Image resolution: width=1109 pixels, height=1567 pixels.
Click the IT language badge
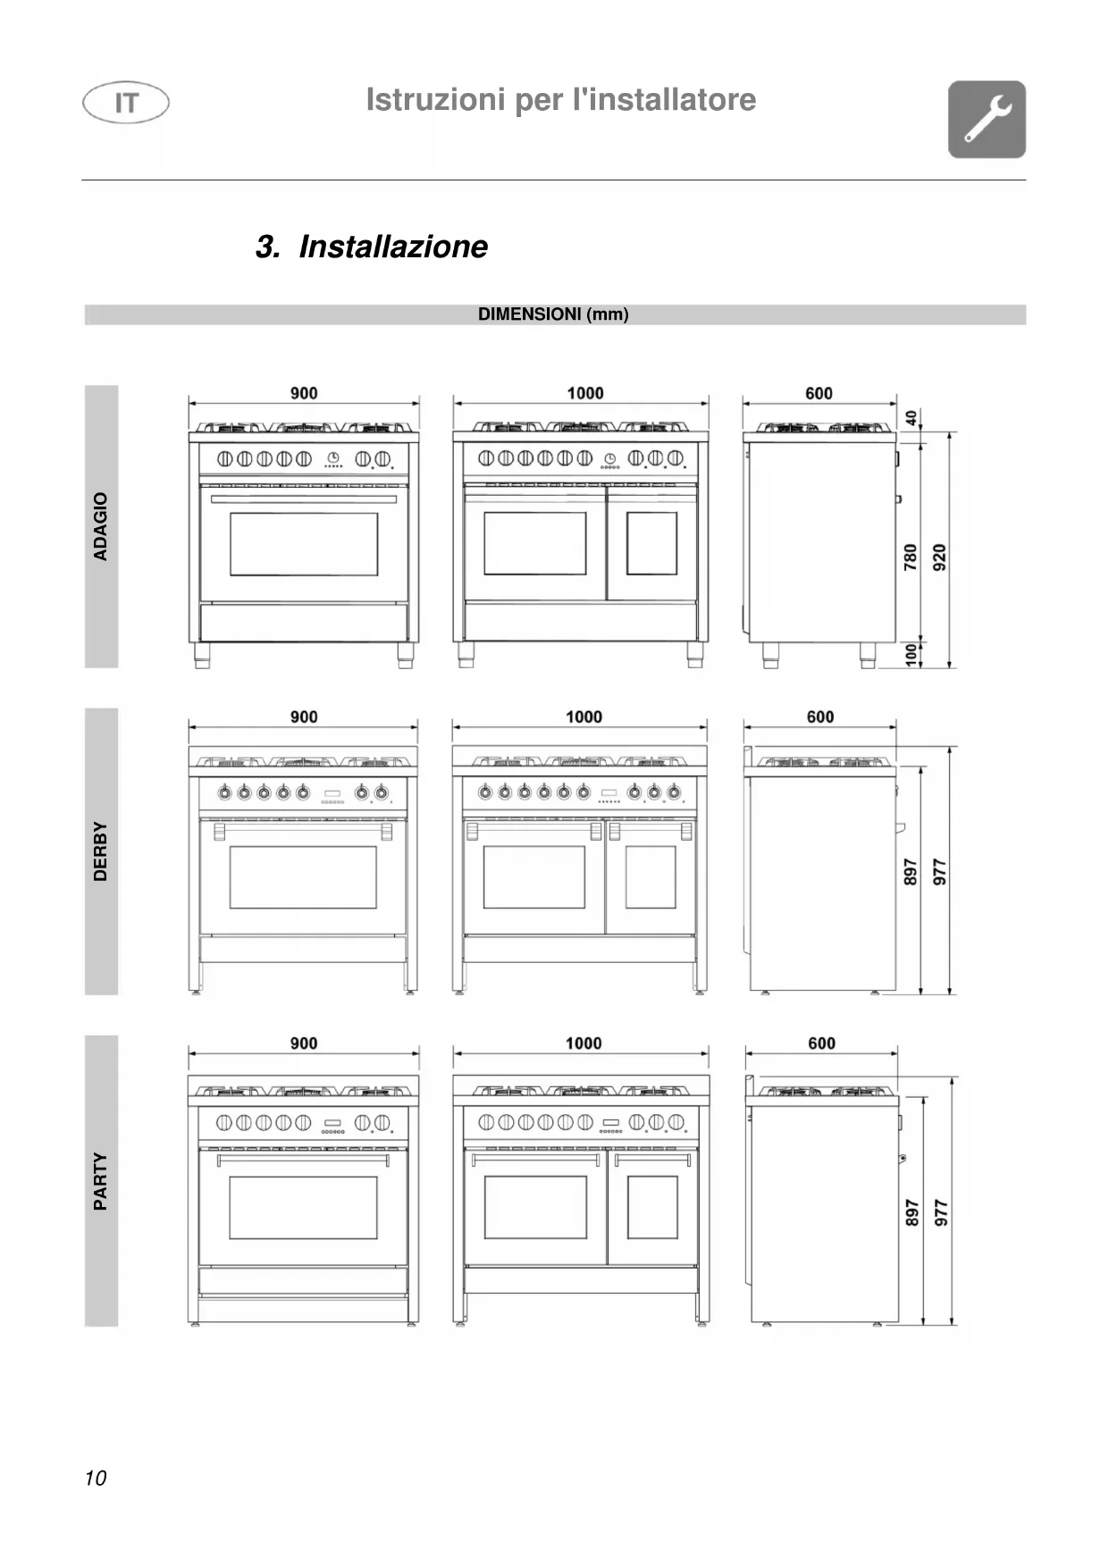pyautogui.click(x=126, y=103)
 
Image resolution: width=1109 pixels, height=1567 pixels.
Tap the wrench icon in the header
pyautogui.click(x=987, y=120)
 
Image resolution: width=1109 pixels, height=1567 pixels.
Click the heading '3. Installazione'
pyautogui.click(x=372, y=247)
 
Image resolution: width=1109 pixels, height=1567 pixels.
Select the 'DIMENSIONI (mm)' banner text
pyautogui.click(x=553, y=314)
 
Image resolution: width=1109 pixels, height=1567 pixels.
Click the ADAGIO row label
pyautogui.click(x=101, y=526)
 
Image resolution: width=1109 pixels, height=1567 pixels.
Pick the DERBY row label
pyautogui.click(x=101, y=851)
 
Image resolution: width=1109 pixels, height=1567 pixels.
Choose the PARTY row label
pyautogui.click(x=101, y=1181)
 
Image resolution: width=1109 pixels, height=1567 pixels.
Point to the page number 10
pyautogui.click(x=96, y=1478)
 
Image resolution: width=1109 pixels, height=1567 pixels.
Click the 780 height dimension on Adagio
pyautogui.click(x=911, y=557)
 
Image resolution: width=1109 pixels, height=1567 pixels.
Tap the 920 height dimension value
pyautogui.click(x=939, y=557)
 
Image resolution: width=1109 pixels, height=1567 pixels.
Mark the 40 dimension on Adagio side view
pyautogui.click(x=912, y=417)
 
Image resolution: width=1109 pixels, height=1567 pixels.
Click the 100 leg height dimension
pyautogui.click(x=912, y=654)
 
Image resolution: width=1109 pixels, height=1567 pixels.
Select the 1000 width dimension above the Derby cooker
pyautogui.click(x=584, y=716)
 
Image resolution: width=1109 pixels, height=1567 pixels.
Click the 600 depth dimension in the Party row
pyautogui.click(x=821, y=1043)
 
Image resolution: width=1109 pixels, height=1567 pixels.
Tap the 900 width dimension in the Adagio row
pyautogui.click(x=304, y=393)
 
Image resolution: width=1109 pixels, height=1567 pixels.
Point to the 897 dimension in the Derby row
pyautogui.click(x=911, y=872)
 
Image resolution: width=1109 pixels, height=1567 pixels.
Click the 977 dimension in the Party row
pyautogui.click(x=941, y=1212)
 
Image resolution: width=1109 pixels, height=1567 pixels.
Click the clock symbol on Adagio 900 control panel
pyautogui.click(x=332, y=457)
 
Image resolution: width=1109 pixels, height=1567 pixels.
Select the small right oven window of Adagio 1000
pyautogui.click(x=651, y=543)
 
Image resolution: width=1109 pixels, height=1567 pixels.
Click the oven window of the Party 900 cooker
pyautogui.click(x=303, y=1207)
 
